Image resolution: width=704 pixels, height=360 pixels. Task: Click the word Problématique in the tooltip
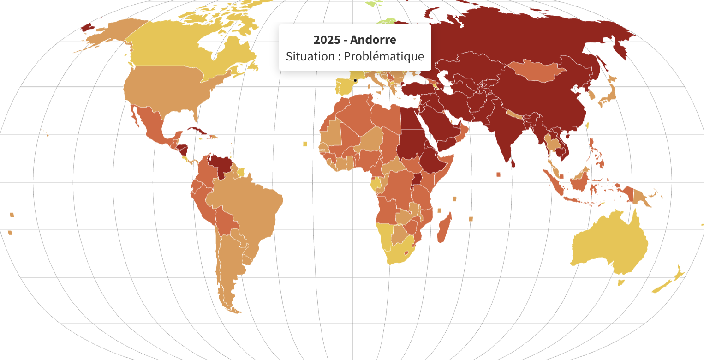point(383,56)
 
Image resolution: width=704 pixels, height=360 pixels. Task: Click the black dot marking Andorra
point(355,81)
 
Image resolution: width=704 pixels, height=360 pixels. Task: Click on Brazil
point(249,208)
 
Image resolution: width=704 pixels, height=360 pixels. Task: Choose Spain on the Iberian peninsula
point(345,87)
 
